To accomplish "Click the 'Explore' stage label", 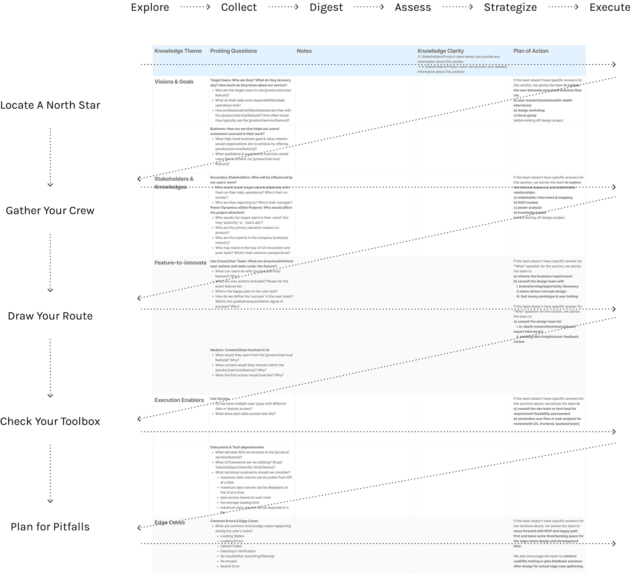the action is coord(150,7).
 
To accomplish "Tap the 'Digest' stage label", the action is coord(326,7).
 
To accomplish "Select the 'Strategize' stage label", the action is coord(510,7).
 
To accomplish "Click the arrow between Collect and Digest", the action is coord(283,7).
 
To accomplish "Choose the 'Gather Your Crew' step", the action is coord(50,211).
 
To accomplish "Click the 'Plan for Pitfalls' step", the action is coord(50,527).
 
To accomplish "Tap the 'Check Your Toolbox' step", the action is coord(50,421).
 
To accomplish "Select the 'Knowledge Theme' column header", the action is coord(178,51).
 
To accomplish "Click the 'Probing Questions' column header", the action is coord(233,51).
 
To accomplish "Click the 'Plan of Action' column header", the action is coord(531,51).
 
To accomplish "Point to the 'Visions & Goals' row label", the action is coord(174,82).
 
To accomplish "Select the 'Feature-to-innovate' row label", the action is coord(180,263).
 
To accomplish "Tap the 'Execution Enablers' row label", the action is coord(179,400).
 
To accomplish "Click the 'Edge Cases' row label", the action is coord(170,522).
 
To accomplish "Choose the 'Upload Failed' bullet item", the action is coord(231,546).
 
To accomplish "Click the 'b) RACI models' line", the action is coord(526,203).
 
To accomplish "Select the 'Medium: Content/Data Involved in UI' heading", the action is coord(239,350).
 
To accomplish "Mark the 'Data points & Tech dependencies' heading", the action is coord(237,447).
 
